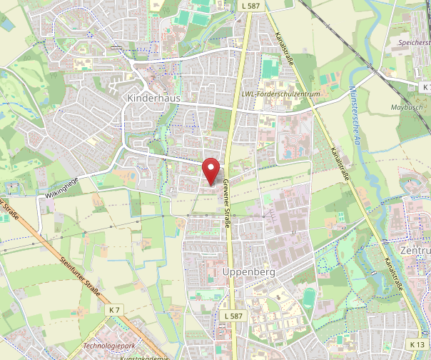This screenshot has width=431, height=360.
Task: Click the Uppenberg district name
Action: [x=249, y=272]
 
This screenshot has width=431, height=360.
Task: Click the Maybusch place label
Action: [x=407, y=107]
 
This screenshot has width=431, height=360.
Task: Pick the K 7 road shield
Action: [x=116, y=309]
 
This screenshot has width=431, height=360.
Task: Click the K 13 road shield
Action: [x=417, y=345]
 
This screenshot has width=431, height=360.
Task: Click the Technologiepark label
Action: [x=108, y=344]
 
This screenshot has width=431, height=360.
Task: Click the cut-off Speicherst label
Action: [x=413, y=42]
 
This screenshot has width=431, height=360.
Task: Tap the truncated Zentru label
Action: [x=417, y=251]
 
